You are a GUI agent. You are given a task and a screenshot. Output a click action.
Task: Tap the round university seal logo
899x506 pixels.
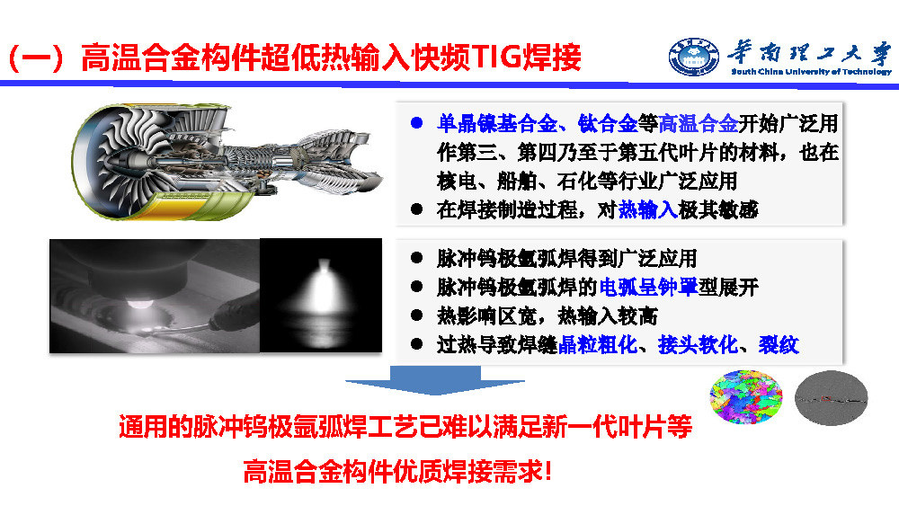tap(693, 57)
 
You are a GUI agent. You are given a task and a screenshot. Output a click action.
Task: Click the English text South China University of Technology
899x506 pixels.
tap(811, 72)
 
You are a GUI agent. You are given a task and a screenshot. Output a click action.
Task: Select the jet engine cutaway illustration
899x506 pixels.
tap(227, 162)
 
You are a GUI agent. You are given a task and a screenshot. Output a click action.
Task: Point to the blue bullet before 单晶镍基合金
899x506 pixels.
tap(417, 122)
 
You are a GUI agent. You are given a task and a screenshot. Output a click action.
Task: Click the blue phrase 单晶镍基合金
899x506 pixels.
tap(496, 123)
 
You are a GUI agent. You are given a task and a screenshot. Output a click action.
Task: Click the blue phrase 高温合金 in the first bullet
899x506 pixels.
tap(698, 123)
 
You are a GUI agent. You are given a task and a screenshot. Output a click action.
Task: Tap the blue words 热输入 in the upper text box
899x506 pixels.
tap(648, 209)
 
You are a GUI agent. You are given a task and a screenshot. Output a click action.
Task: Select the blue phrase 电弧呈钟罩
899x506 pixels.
tap(648, 287)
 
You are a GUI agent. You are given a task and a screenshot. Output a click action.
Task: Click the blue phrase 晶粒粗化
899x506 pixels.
tap(598, 345)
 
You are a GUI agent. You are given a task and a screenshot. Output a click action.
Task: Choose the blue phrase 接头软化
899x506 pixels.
tap(698, 345)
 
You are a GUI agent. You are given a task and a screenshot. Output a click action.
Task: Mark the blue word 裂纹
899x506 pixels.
tap(779, 345)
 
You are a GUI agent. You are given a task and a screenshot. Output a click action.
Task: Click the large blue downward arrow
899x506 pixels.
tap(434, 380)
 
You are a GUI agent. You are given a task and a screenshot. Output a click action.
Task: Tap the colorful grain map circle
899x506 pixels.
tap(745, 396)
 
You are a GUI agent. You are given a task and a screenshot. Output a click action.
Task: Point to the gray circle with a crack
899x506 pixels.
tap(831, 398)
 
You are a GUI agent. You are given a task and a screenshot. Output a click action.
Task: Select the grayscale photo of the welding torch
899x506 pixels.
tap(155, 296)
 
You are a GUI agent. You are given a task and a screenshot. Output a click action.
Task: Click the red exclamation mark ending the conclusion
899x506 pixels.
tap(547, 472)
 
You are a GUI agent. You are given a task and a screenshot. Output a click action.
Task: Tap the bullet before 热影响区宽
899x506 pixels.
tap(417, 315)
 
